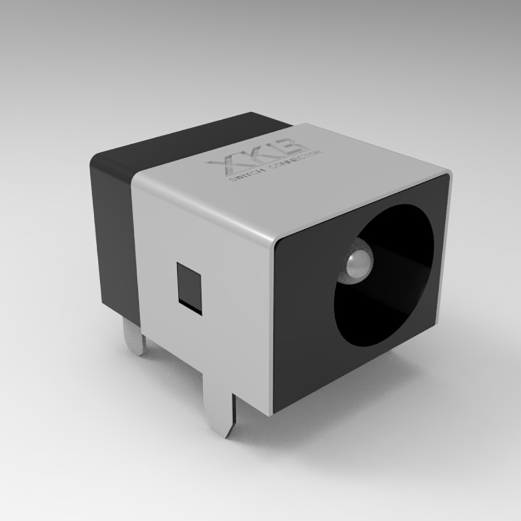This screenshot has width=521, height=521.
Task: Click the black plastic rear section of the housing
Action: coord(116,232)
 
